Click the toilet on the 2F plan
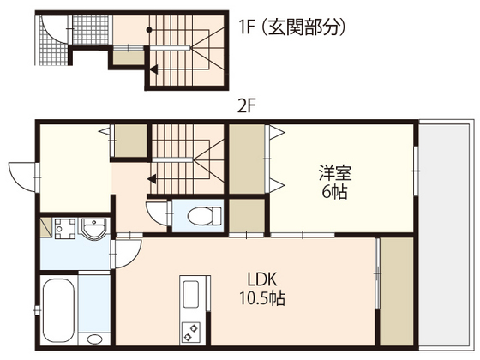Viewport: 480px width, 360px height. click(x=204, y=216)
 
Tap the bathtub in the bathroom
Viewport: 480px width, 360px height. click(x=58, y=309)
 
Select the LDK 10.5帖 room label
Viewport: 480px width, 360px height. click(x=262, y=288)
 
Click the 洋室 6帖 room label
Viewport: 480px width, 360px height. click(x=334, y=182)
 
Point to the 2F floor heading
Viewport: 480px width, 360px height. click(x=247, y=106)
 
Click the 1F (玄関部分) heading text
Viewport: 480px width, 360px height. click(x=292, y=27)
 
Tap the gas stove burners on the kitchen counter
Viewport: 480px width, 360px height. click(x=189, y=333)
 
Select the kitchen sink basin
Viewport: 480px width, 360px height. click(x=190, y=294)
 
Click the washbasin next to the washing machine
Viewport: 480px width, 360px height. click(x=93, y=229)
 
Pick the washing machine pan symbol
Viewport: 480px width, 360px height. click(x=64, y=228)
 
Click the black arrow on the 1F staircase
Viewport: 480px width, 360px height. click(x=153, y=69)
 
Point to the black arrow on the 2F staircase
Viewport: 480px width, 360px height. click(x=152, y=178)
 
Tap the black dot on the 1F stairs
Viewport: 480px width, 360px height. click(x=149, y=30)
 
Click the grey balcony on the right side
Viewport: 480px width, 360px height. click(x=445, y=235)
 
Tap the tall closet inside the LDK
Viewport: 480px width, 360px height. click(x=397, y=291)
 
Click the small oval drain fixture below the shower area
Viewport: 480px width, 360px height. click(x=94, y=339)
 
